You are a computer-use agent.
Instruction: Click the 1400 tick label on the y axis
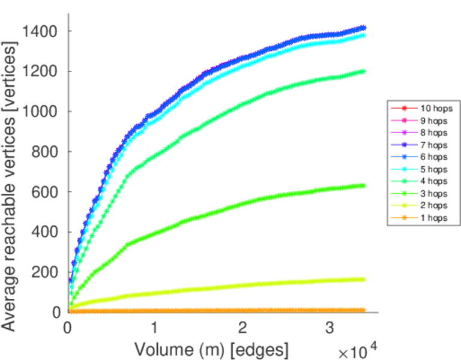click(40, 31)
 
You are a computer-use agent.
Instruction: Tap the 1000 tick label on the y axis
click(40, 112)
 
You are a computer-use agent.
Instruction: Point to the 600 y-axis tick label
click(45, 192)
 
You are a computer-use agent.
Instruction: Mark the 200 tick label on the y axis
click(45, 272)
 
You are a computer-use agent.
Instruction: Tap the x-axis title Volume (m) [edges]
click(211, 349)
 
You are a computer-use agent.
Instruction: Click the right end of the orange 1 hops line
click(363, 310)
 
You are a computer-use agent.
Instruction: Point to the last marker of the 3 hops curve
click(363, 185)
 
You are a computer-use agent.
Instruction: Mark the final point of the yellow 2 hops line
click(363, 279)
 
